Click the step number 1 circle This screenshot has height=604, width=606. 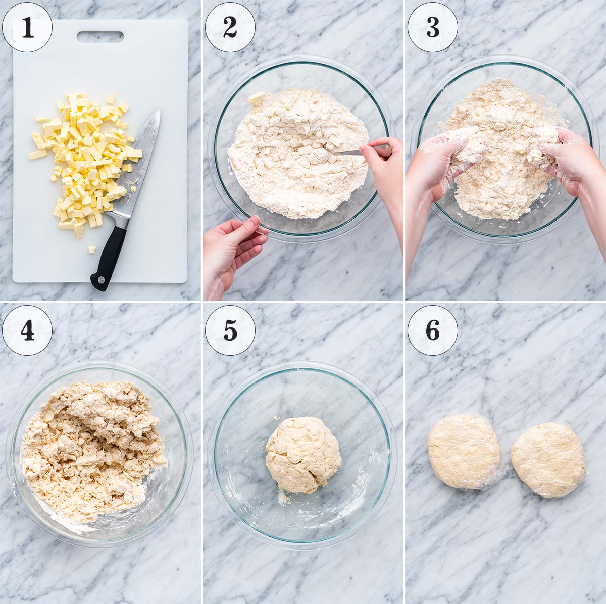(x=27, y=27)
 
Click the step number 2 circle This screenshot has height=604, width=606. (x=230, y=27)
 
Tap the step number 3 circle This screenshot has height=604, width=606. (x=432, y=27)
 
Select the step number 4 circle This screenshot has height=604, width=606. (x=27, y=330)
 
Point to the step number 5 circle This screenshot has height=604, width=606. (x=230, y=330)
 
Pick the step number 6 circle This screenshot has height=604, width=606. (x=432, y=330)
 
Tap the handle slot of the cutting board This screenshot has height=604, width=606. (x=100, y=36)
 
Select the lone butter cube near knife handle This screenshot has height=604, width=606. (x=92, y=249)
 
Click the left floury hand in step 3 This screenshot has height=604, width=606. (x=439, y=161)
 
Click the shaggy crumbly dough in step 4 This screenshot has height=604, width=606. (x=91, y=444)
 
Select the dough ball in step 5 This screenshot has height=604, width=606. (x=303, y=454)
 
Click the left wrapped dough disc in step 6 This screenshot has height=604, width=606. (x=464, y=451)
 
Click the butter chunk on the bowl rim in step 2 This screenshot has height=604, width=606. (x=257, y=98)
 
